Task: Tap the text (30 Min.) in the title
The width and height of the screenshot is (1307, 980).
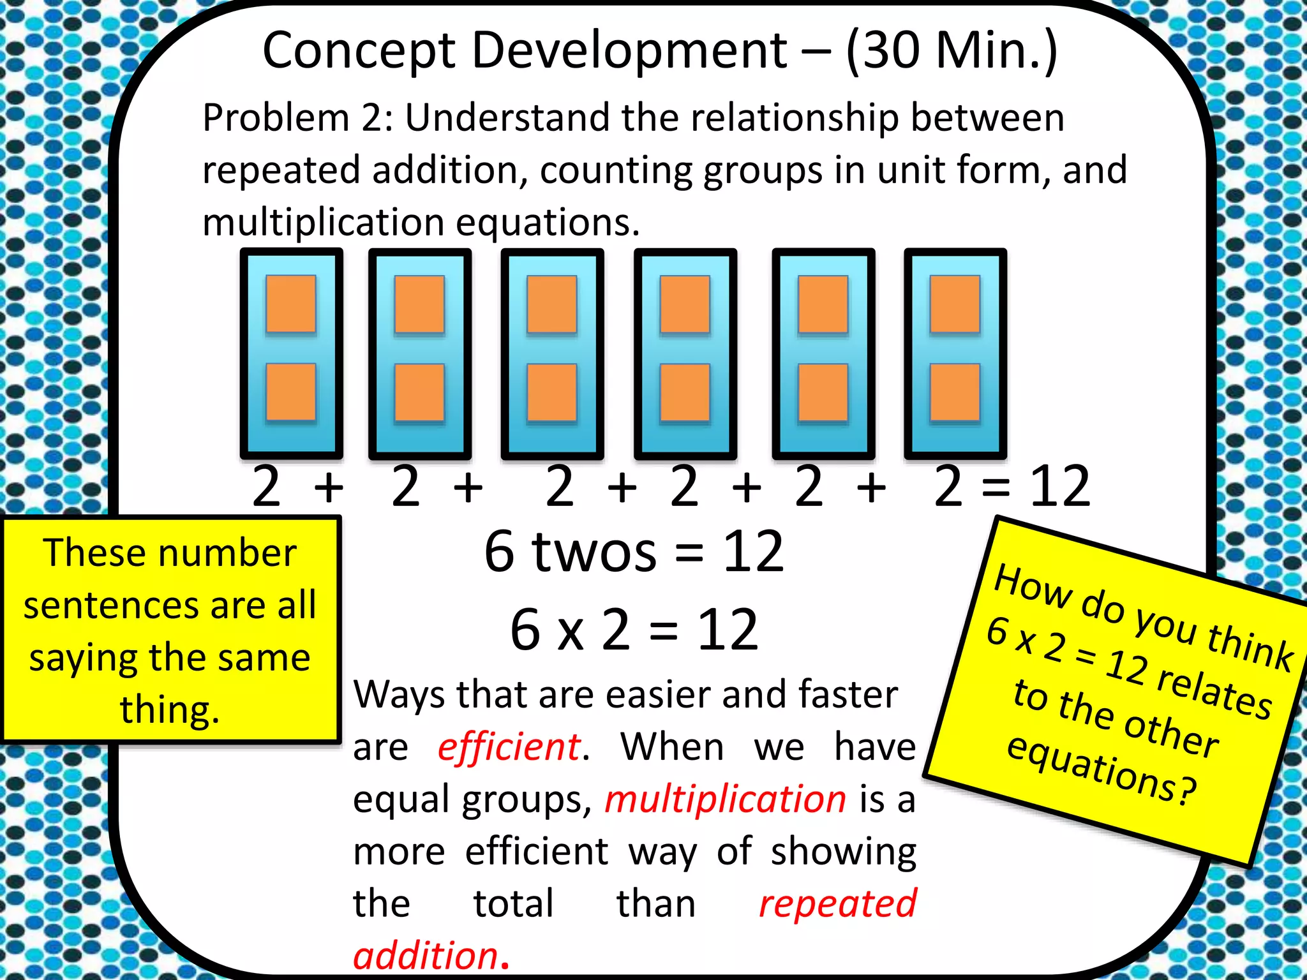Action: (952, 51)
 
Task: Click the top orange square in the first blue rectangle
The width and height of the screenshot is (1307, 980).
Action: (291, 304)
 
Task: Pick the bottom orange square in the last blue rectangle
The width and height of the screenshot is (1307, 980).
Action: (955, 392)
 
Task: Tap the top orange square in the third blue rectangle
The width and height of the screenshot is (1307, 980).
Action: (552, 304)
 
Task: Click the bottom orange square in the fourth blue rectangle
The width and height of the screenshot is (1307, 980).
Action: (685, 392)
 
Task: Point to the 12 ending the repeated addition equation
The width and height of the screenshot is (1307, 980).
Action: (1060, 487)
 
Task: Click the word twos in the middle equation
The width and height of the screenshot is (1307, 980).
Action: (594, 552)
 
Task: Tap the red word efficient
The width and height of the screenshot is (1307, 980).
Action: (509, 747)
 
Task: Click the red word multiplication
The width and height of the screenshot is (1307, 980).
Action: (726, 799)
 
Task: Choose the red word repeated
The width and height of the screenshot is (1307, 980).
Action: (837, 904)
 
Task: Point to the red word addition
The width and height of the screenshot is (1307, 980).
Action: (426, 956)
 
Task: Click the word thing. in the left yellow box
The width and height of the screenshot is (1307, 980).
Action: (170, 709)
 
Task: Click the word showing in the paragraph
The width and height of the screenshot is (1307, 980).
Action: (843, 852)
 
